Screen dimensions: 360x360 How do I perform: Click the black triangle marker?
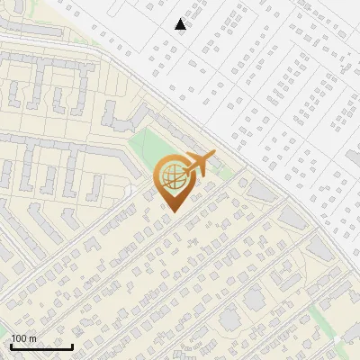coord(181,24)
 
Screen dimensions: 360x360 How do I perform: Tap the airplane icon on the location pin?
coord(197,165)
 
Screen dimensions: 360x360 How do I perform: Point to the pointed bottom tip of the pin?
coord(171,211)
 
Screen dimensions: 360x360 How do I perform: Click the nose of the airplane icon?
coord(212,157)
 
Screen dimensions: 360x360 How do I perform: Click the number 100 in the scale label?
coord(19,338)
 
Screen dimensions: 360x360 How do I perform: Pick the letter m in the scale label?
coord(31,338)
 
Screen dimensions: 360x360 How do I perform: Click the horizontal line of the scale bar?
coord(41,346)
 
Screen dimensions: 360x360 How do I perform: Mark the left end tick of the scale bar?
coord(11,345)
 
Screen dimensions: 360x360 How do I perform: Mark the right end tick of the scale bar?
coord(72,345)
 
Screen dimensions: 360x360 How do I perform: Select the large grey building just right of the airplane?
coord(261,190)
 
